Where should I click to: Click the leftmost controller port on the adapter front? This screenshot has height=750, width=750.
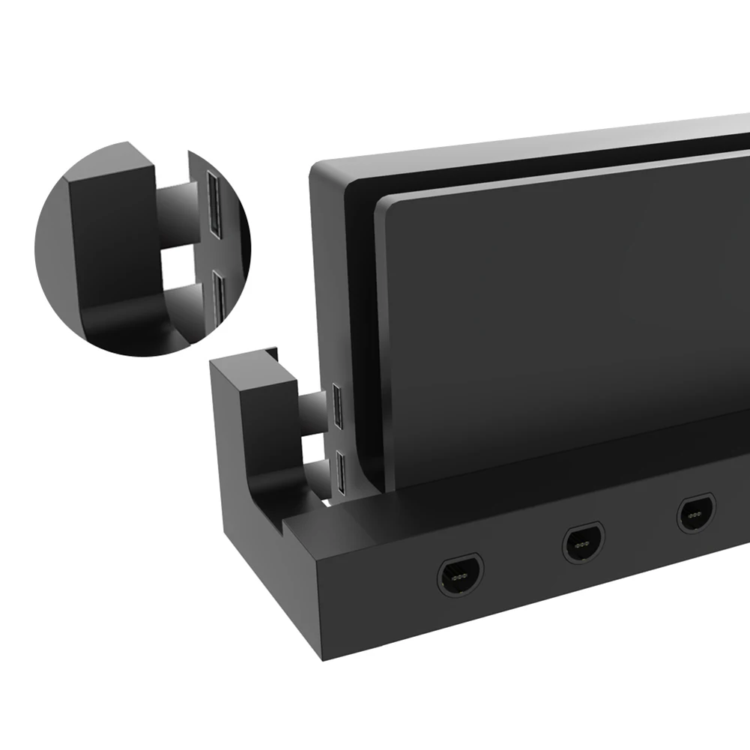pyautogui.click(x=460, y=575)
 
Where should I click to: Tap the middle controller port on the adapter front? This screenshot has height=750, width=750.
pyautogui.click(x=584, y=543)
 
